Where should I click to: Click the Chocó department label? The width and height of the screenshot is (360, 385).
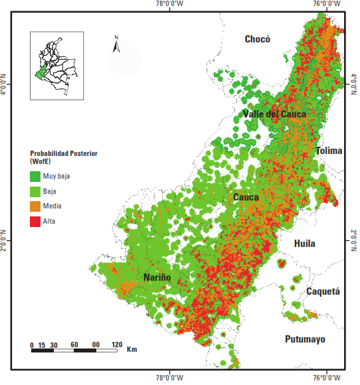(258, 39)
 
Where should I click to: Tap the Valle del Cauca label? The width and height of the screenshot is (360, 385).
(274, 114)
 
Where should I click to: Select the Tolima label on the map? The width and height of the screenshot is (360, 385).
(329, 151)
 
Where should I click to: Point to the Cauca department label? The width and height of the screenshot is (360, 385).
(246, 197)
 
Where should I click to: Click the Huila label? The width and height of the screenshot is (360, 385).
(305, 244)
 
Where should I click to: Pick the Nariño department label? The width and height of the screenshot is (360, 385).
(157, 277)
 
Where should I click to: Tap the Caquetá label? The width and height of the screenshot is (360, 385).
(323, 291)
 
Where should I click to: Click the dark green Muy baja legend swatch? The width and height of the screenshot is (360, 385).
(36, 177)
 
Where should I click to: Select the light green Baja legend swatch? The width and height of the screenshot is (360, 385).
(36, 191)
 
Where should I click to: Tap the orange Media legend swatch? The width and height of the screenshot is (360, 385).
(36, 206)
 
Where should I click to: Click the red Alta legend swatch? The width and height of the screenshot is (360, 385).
(36, 220)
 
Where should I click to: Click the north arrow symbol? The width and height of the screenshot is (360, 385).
(116, 46)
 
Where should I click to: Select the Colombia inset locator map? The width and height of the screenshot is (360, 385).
(56, 66)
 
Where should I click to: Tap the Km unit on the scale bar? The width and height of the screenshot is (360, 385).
(132, 348)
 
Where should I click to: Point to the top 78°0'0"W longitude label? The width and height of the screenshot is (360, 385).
(170, 5)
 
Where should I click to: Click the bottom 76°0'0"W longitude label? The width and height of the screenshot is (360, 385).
(329, 379)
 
